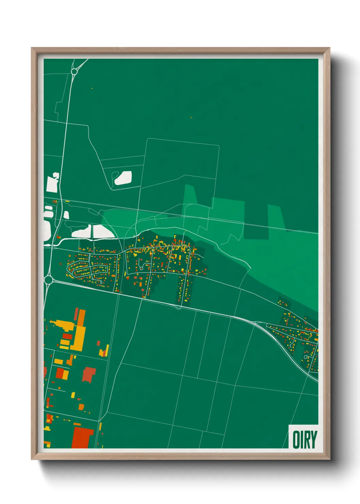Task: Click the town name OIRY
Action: coord(305,440)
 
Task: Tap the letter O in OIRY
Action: coord(296,440)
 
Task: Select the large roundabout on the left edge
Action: coord(48,280)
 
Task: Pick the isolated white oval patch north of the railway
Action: coord(123,178)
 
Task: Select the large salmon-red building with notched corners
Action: coord(89,374)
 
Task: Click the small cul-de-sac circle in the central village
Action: coord(141,269)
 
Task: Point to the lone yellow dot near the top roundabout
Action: coord(92,89)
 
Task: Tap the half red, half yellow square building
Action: coord(62,374)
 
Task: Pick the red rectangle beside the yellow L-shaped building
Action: coord(67,337)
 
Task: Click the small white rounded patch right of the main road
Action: coord(66,215)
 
